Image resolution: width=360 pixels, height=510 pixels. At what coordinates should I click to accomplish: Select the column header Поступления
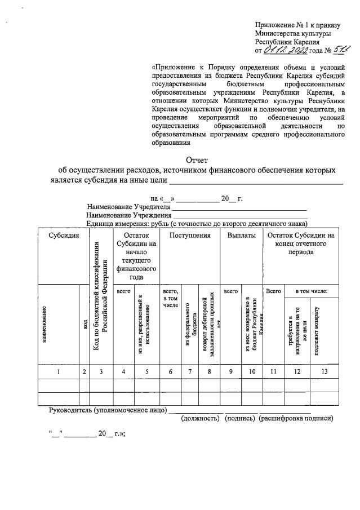[190, 236]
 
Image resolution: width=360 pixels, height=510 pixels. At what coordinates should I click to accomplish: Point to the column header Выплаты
[241, 236]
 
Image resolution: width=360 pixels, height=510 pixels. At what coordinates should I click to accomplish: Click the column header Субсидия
[63, 236]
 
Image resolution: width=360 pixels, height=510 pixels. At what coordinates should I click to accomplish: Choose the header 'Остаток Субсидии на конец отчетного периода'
[301, 243]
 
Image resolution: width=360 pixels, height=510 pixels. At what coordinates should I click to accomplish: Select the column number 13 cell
[324, 371]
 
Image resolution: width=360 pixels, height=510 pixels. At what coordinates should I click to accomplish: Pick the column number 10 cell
[252, 371]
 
